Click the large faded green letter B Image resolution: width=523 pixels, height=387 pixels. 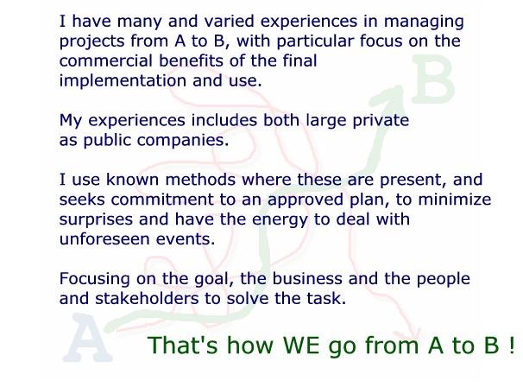[x=432, y=79]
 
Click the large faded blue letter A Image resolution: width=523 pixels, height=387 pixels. [x=87, y=338]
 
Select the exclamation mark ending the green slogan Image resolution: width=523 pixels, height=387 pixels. [x=512, y=345]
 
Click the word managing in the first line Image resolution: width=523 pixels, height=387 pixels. [x=424, y=22]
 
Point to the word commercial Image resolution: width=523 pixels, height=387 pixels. [x=106, y=60]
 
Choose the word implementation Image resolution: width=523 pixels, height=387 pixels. [x=123, y=81]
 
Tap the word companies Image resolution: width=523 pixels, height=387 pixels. [x=183, y=141]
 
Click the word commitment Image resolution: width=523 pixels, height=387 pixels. [x=162, y=200]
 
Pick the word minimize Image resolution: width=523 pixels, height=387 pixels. [x=454, y=200]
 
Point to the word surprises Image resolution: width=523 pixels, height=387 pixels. [x=96, y=220]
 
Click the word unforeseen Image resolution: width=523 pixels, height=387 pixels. [x=104, y=239]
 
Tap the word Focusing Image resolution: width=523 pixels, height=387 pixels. [x=94, y=279]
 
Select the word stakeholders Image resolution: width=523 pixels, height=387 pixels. [x=147, y=299]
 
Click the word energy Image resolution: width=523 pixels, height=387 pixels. [x=280, y=220]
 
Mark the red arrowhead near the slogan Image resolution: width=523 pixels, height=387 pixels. [x=413, y=335]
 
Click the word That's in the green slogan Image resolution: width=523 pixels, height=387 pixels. [x=182, y=345]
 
